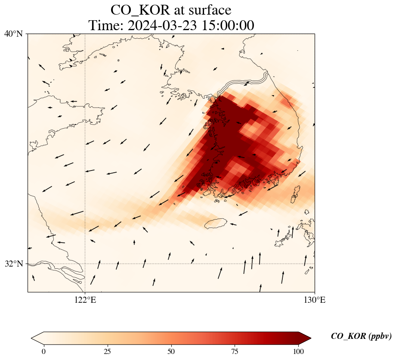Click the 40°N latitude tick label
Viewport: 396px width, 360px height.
coord(14,34)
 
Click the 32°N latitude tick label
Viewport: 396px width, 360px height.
coord(14,264)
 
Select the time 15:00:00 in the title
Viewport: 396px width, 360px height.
coord(226,25)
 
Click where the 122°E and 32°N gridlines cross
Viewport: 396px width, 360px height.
coord(85,264)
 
